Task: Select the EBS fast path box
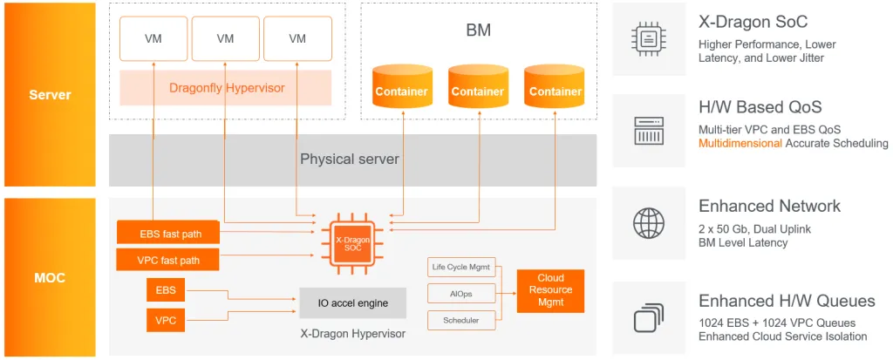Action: click(x=167, y=234)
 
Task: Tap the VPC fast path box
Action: click(x=167, y=260)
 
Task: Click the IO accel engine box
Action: click(x=352, y=303)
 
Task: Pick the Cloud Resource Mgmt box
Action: click(x=550, y=290)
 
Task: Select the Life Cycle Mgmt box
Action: click(x=461, y=267)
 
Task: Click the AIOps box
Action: click(x=461, y=294)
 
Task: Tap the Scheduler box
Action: click(x=461, y=320)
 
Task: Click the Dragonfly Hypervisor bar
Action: click(x=227, y=88)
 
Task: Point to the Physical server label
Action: click(x=350, y=160)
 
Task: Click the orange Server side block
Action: click(x=50, y=94)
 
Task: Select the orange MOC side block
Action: click(x=50, y=277)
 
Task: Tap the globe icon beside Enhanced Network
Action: click(x=648, y=223)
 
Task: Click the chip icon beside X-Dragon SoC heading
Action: click(x=648, y=38)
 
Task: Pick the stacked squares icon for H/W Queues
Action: click(x=648, y=318)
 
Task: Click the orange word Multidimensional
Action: click(x=740, y=143)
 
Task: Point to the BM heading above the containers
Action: click(x=478, y=31)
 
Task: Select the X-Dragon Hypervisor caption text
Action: click(x=352, y=334)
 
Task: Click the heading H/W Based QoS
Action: click(x=760, y=107)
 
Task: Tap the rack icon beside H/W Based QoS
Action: click(x=648, y=131)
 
